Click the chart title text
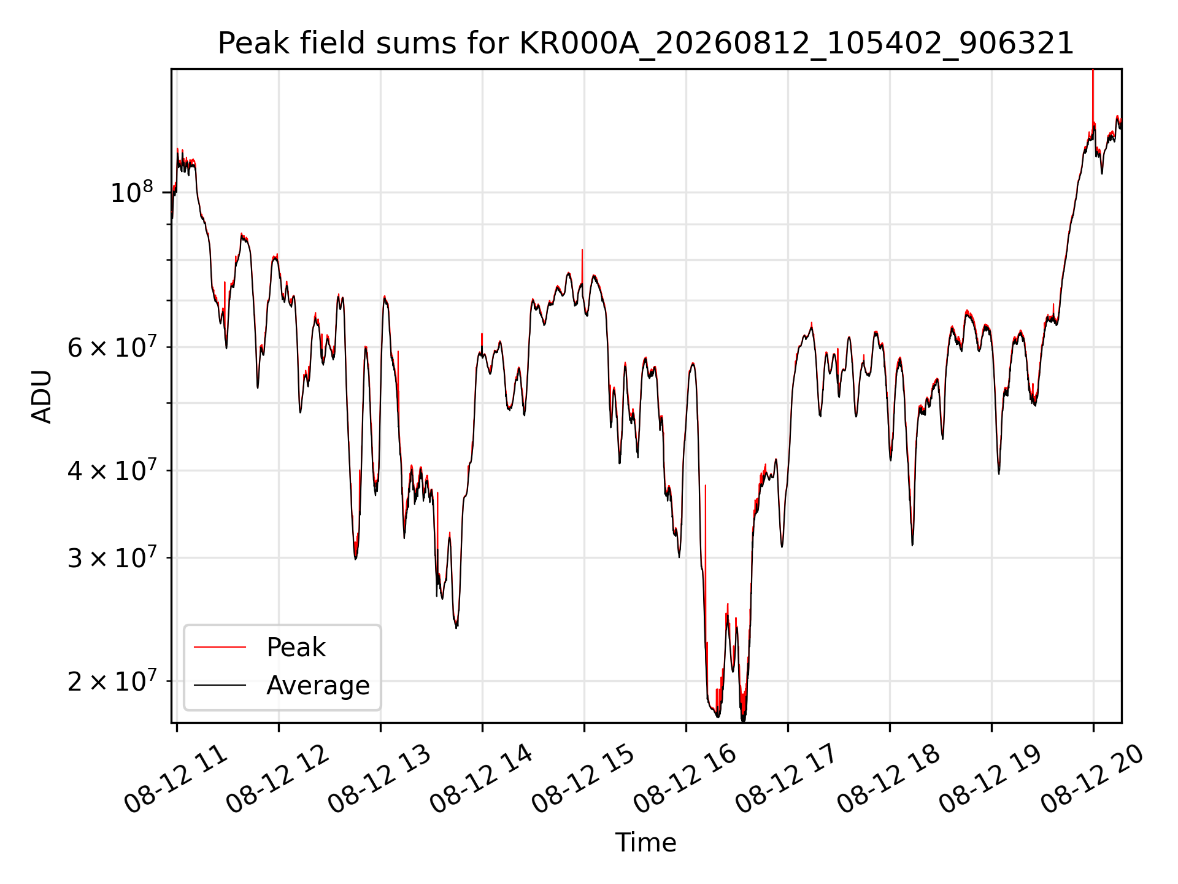point(646,44)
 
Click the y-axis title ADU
point(42,396)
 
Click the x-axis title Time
point(646,842)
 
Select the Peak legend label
point(296,647)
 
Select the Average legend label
point(318,685)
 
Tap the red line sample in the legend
point(220,647)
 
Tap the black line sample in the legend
point(220,685)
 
